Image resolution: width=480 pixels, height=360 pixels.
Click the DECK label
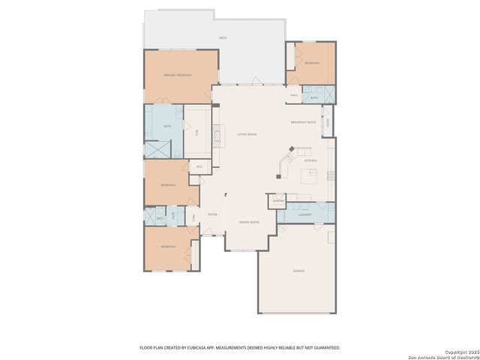point(223,37)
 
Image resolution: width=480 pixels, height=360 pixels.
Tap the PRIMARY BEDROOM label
point(178,76)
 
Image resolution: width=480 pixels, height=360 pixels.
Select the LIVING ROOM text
point(247,135)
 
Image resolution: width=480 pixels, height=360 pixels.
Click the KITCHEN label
point(310,160)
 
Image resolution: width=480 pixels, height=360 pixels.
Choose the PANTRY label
point(277,201)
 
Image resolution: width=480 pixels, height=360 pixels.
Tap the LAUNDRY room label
point(304,215)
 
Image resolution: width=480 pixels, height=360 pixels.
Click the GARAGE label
point(298,270)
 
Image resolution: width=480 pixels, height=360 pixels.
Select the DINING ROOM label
point(249,223)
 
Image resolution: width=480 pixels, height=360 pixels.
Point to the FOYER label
point(212,214)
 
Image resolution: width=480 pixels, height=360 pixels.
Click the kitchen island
point(309,176)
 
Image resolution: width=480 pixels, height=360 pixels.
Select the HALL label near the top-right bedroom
point(295,95)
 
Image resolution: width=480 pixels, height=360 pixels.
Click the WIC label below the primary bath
point(199,166)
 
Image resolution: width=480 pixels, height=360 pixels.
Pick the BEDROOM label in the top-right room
point(312,64)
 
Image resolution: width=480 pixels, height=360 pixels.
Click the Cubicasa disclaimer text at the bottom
point(240,347)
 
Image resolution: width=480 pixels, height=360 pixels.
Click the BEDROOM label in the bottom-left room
point(168,247)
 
